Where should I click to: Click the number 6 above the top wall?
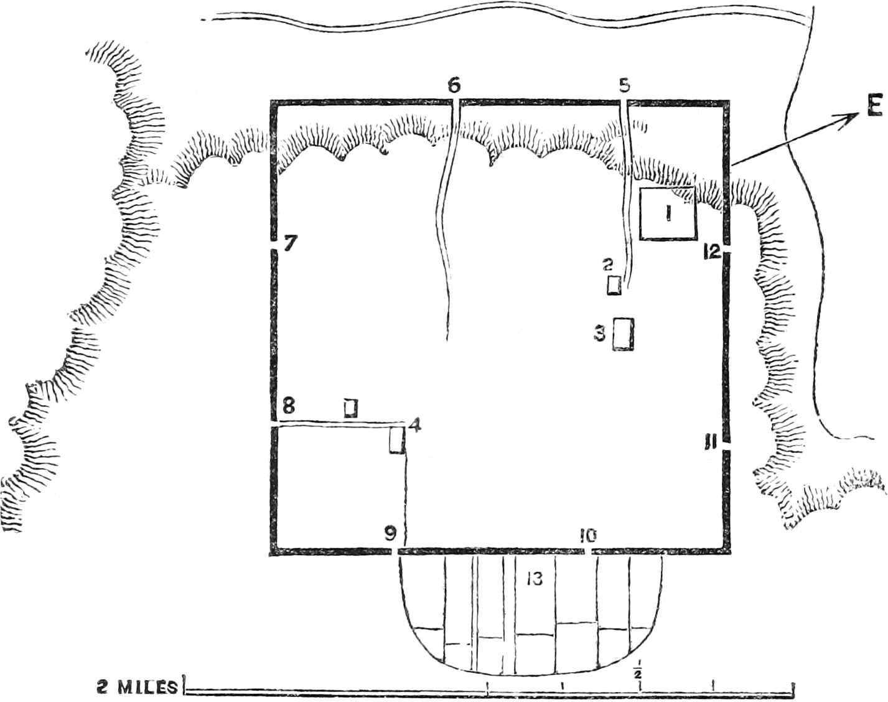[454, 85]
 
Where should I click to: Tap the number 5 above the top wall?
[625, 85]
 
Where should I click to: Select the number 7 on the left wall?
[289, 243]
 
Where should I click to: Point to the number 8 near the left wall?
[287, 405]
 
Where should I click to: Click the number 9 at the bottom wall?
[390, 534]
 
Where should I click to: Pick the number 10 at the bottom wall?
[587, 535]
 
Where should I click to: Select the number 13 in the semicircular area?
[534, 579]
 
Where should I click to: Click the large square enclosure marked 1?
[668, 213]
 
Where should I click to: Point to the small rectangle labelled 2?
[614, 285]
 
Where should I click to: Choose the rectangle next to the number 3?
[624, 334]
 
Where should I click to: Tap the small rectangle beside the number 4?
[396, 441]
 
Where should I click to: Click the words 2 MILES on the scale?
[136, 687]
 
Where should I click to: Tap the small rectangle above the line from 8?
[351, 408]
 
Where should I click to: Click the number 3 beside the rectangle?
[599, 334]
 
